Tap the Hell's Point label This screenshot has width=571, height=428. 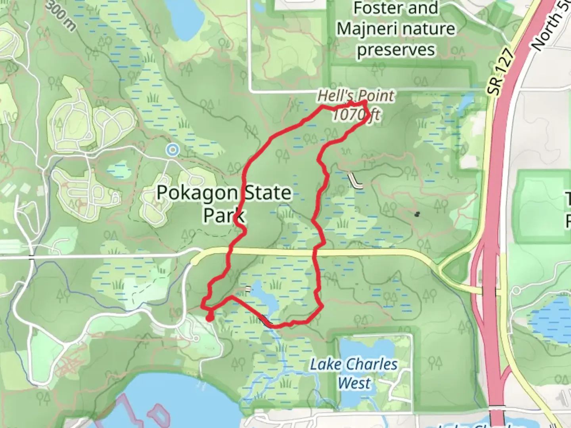[x=356, y=96]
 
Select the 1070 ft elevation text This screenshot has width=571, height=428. [x=355, y=115]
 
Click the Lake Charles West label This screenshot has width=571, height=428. [x=354, y=374]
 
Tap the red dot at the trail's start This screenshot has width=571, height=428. [x=209, y=317]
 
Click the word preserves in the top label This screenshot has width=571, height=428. [x=396, y=50]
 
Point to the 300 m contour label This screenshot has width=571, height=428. [x=61, y=16]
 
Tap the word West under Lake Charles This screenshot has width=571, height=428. [x=354, y=383]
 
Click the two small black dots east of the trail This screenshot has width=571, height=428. [x=417, y=214]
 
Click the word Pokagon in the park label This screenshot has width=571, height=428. [x=197, y=193]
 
